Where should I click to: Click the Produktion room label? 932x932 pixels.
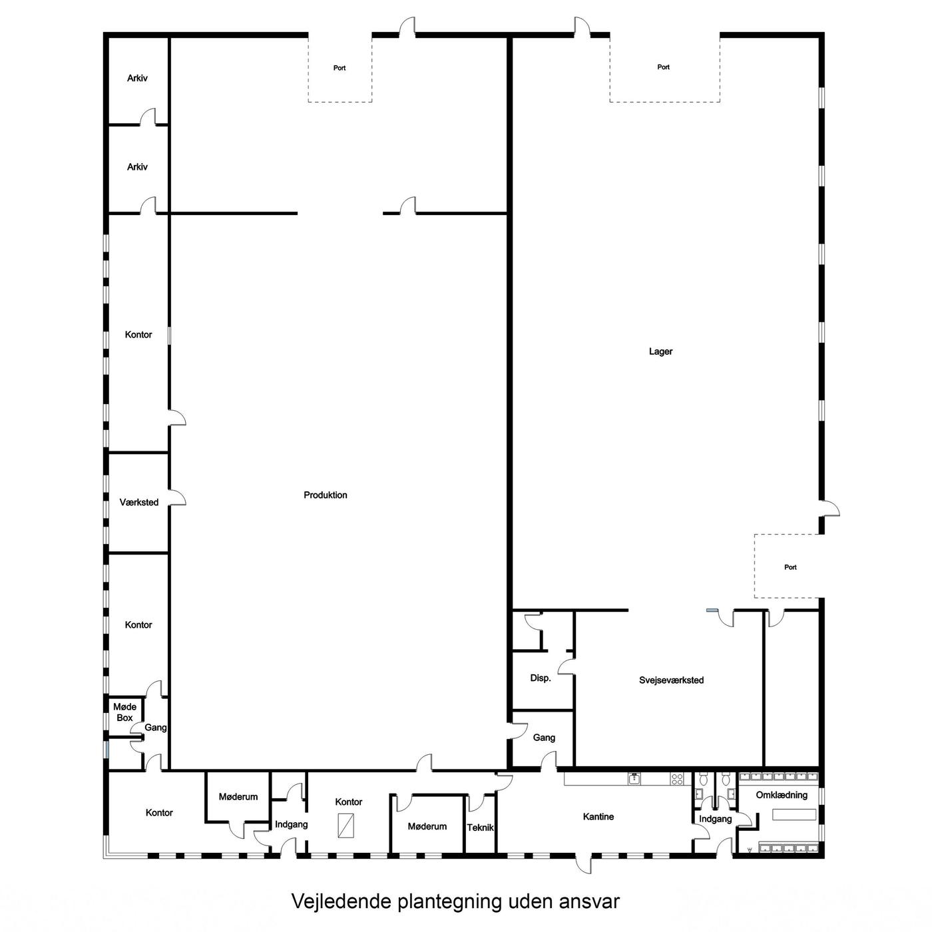point(325,495)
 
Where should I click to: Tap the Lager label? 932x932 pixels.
point(660,351)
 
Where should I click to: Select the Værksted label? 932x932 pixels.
point(139,502)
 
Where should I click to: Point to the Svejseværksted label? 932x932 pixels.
point(671,680)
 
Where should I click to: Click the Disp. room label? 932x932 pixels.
point(541,678)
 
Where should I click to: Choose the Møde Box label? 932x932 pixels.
point(124,712)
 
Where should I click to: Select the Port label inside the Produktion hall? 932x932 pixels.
point(340,68)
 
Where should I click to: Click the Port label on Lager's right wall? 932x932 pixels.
point(790,567)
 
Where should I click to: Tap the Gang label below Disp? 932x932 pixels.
point(544,738)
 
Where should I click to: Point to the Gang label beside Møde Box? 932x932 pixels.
point(156,728)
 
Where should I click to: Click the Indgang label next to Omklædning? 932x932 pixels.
point(715,819)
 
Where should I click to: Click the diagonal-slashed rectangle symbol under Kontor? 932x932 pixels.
point(346,825)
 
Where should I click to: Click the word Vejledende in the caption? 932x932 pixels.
point(342,901)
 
